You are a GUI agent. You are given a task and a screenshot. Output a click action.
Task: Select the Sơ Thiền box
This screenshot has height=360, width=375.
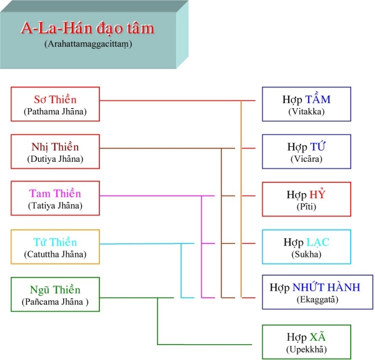click(x=55, y=104)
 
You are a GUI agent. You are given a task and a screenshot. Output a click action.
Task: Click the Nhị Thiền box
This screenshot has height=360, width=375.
click(x=55, y=152)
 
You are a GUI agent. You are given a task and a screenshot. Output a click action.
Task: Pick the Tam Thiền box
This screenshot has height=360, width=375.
click(x=55, y=199)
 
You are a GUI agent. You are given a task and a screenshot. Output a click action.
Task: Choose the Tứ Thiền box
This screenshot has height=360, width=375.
click(x=55, y=247)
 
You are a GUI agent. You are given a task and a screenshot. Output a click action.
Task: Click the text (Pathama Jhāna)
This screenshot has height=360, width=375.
click(x=55, y=112)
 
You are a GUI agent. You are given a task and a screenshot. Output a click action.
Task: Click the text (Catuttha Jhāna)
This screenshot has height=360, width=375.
click(x=55, y=254)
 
